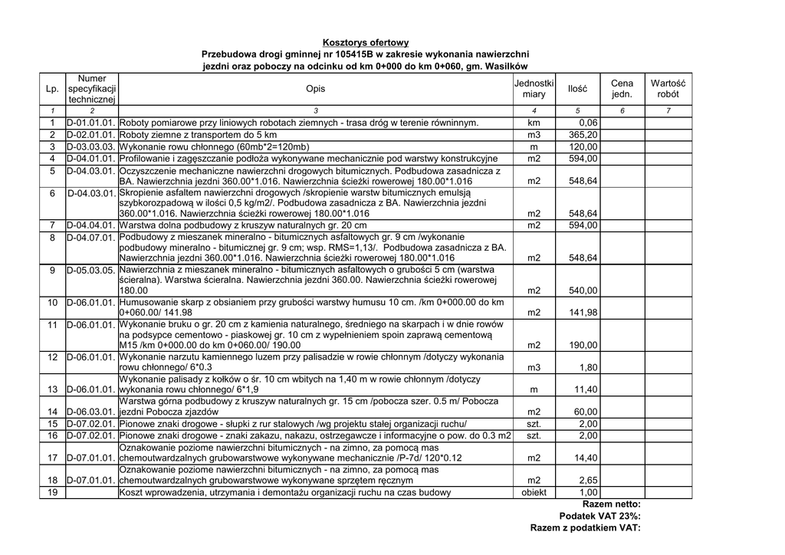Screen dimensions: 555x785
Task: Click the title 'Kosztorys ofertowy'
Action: click(x=365, y=43)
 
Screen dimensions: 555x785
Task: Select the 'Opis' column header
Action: click(x=315, y=89)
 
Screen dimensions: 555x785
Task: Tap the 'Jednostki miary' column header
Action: click(x=534, y=89)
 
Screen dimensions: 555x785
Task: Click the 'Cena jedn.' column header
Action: click(x=622, y=89)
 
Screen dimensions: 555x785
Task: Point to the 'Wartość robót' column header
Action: click(x=668, y=89)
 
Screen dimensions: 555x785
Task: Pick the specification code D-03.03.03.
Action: click(x=91, y=146)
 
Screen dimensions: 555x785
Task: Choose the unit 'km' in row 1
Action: click(x=534, y=123)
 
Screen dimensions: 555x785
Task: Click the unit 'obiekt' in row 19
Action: click(x=534, y=493)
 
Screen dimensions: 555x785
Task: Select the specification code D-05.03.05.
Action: click(x=91, y=270)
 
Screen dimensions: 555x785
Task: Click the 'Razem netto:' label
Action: click(x=611, y=504)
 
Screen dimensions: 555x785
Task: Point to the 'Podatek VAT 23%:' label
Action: click(x=599, y=516)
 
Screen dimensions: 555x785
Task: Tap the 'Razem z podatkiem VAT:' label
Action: click(x=585, y=527)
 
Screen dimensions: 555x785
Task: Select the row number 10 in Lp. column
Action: click(x=53, y=303)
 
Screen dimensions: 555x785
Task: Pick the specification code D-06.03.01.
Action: click(x=91, y=412)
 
